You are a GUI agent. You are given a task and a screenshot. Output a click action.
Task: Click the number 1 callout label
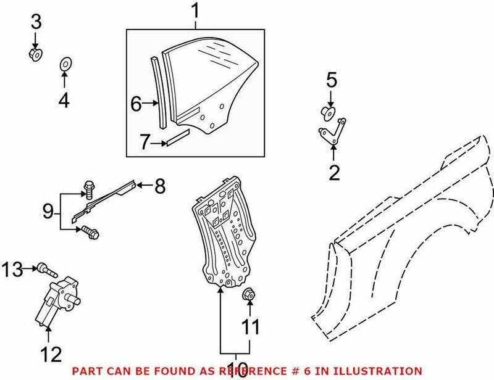pyautogui.click(x=195, y=11)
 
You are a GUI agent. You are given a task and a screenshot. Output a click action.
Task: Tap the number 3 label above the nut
pyautogui.click(x=36, y=23)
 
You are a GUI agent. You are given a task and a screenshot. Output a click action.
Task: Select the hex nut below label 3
pyautogui.click(x=36, y=55)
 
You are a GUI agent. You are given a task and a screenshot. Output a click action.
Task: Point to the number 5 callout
pyautogui.click(x=332, y=80)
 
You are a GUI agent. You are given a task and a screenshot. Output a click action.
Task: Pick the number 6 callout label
pyautogui.click(x=136, y=104)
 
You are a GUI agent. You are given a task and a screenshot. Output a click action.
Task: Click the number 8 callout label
pyautogui.click(x=159, y=186)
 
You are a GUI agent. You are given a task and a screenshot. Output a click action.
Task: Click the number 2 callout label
pyautogui.click(x=334, y=173)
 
